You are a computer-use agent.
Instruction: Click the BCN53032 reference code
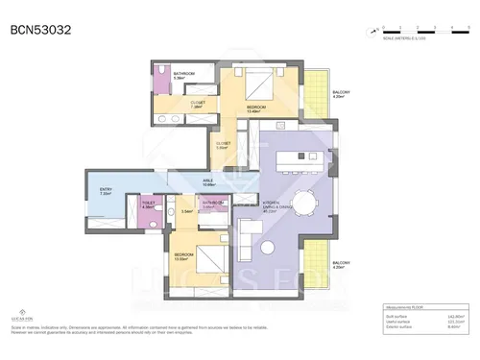tap(41, 30)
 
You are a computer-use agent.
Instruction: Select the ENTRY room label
tap(106, 192)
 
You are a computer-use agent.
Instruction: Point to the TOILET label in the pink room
tap(148, 204)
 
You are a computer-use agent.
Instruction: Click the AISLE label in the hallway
tap(206, 182)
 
